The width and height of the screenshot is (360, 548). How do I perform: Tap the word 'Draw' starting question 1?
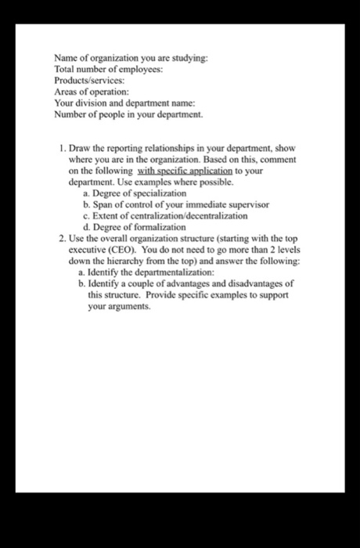pyautogui.click(x=81, y=148)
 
